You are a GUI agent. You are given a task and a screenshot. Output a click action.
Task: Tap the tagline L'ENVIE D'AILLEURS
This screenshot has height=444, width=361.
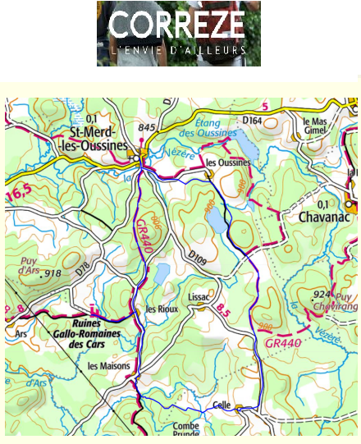177,50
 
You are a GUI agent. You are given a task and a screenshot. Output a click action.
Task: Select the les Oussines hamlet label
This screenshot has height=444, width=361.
229,162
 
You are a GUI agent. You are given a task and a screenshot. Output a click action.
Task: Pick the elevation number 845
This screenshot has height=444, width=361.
147,127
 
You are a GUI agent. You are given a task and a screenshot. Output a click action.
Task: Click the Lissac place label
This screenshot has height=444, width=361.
199,295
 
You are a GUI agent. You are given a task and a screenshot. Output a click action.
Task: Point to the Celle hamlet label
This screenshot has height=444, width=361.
221,405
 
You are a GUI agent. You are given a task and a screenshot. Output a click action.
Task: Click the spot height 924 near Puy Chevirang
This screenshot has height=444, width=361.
321,293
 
